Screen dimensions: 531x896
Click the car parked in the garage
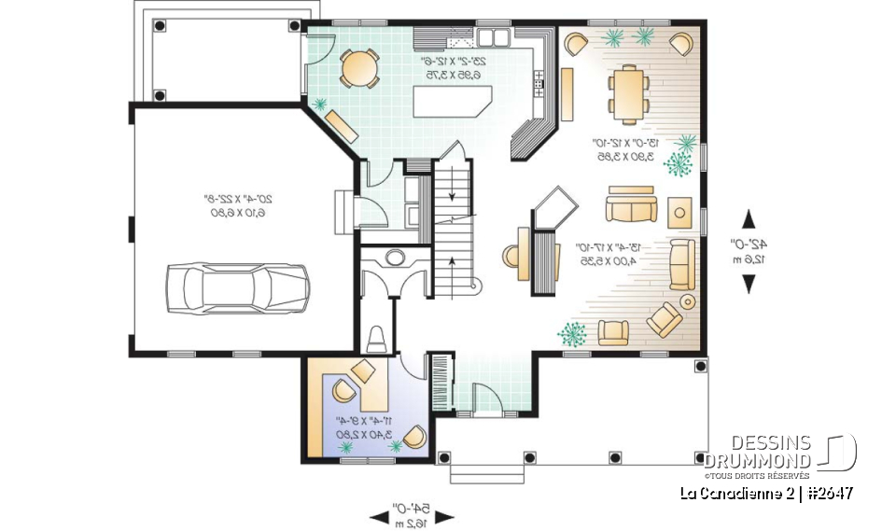(236, 286)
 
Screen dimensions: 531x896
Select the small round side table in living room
(688, 301)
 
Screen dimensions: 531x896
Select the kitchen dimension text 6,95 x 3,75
(451, 75)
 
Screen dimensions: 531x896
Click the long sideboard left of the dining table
(567, 93)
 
